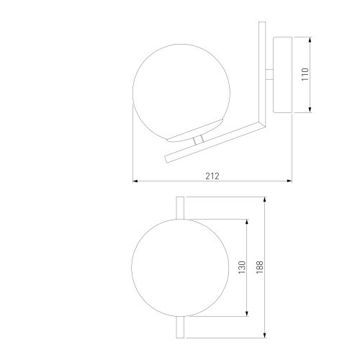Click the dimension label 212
click(x=212, y=176)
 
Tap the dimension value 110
click(x=305, y=74)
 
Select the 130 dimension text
click(x=242, y=267)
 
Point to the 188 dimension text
click(x=260, y=267)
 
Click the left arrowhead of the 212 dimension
click(x=135, y=181)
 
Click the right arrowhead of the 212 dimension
click(x=289, y=181)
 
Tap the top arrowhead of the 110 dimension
click(x=310, y=40)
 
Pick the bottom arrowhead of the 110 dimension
click(x=310, y=109)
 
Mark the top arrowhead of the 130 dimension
click(x=247, y=222)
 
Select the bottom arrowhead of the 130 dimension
click(x=247, y=313)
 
